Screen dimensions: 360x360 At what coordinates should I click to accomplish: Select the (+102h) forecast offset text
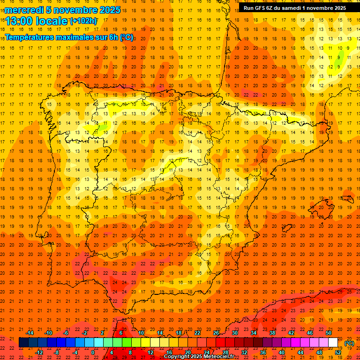coord(83,21)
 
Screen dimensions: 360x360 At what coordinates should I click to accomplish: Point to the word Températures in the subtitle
coord(28,37)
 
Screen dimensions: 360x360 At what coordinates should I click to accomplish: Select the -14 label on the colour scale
coord(30,333)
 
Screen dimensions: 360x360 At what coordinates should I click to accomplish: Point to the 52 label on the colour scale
coord(338,352)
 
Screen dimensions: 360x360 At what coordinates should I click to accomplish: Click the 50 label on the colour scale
coord(329,333)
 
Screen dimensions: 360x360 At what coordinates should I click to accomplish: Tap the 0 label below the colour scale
coord(93,352)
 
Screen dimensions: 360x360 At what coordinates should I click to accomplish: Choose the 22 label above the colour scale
coord(197,333)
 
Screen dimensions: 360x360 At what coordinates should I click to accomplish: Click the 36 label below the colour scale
coord(263,352)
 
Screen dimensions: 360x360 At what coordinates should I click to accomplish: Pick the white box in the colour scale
coord(333,342)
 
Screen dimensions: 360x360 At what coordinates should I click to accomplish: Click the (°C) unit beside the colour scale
coord(349,343)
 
